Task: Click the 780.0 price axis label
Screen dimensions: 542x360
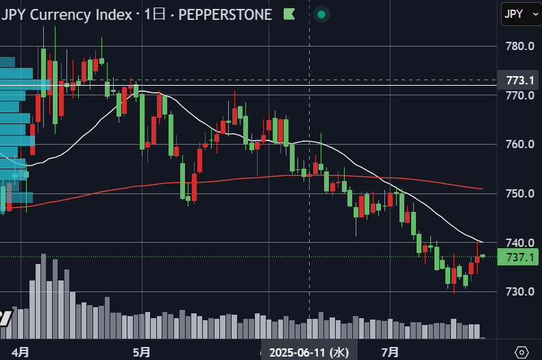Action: pyautogui.click(x=520, y=46)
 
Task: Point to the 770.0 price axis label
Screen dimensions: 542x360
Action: pyautogui.click(x=520, y=95)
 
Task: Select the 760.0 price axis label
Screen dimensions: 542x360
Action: pyautogui.click(x=520, y=144)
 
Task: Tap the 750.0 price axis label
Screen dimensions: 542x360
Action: pyautogui.click(x=520, y=193)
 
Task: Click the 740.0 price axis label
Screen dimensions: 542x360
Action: pyautogui.click(x=520, y=243)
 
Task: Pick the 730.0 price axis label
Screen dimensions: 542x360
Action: pyautogui.click(x=520, y=291)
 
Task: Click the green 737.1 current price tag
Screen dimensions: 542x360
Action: pyautogui.click(x=518, y=257)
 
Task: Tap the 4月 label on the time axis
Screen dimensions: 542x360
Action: pyautogui.click(x=21, y=352)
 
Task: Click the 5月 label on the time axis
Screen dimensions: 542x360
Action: pyautogui.click(x=142, y=352)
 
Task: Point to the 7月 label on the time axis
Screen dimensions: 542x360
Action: pyautogui.click(x=391, y=352)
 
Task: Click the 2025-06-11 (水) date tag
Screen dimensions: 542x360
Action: pyautogui.click(x=309, y=352)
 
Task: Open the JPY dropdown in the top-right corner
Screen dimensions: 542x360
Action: pyautogui.click(x=521, y=14)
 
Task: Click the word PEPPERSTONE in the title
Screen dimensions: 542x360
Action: pyautogui.click(x=225, y=14)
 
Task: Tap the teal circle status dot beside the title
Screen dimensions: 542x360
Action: pyautogui.click(x=321, y=14)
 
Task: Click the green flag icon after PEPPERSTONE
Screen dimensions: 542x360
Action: pyautogui.click(x=289, y=14)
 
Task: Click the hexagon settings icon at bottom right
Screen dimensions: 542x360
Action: pyautogui.click(x=521, y=352)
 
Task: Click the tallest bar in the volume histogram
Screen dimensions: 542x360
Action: pyautogui.click(x=44, y=296)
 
